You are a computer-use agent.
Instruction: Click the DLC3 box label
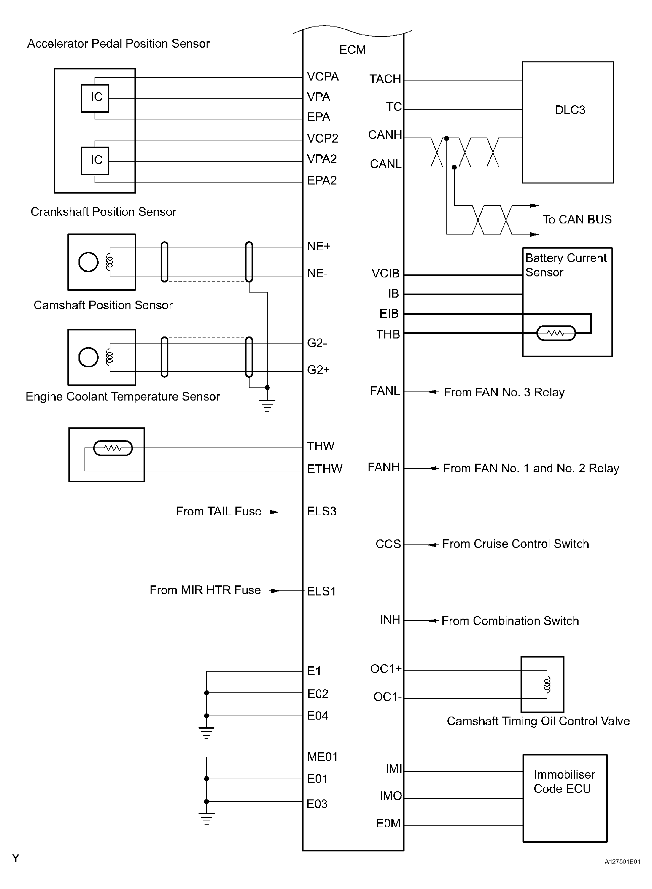tap(569, 110)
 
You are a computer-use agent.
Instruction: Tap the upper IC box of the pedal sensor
tap(95, 98)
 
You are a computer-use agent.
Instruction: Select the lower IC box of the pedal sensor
tap(95, 161)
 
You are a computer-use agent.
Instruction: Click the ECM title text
tap(352, 50)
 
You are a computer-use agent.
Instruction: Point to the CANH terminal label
tap(385, 135)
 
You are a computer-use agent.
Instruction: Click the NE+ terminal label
tap(319, 246)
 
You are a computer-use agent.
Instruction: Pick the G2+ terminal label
tap(318, 370)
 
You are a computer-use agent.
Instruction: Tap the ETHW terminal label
tap(324, 469)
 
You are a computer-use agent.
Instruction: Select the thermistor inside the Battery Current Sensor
tap(556, 333)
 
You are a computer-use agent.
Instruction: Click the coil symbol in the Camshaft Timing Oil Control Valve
tap(547, 684)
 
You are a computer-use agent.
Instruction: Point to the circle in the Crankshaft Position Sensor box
tap(89, 262)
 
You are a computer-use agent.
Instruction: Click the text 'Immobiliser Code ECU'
tap(564, 782)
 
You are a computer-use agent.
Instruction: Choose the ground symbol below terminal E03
tap(206, 819)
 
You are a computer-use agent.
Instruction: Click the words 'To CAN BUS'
tap(577, 219)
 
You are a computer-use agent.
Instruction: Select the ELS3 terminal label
tap(322, 511)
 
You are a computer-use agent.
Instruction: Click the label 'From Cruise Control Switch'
tap(515, 544)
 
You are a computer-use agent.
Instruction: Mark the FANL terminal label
tap(385, 391)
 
